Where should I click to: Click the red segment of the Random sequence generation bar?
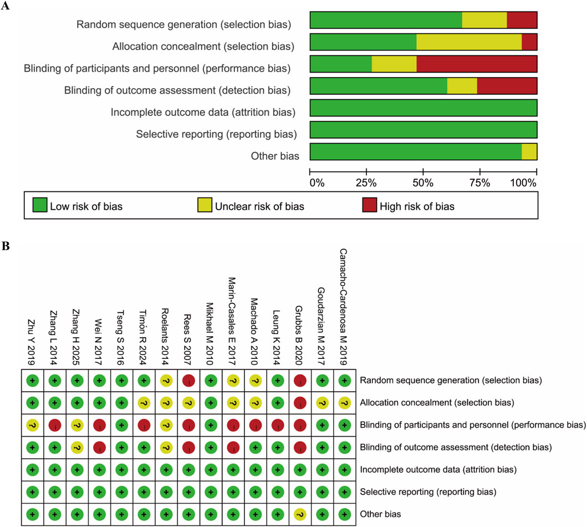[522, 20]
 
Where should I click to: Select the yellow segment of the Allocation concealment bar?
[469, 42]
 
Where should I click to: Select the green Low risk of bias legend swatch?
[38, 207]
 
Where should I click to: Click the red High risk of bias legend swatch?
[369, 207]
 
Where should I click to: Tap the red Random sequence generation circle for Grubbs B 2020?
[300, 381]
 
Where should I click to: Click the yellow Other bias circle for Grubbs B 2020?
[300, 514]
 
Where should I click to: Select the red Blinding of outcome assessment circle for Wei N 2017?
[100, 448]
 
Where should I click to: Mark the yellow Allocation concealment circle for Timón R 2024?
[144, 403]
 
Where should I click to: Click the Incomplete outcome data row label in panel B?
[438, 470]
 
